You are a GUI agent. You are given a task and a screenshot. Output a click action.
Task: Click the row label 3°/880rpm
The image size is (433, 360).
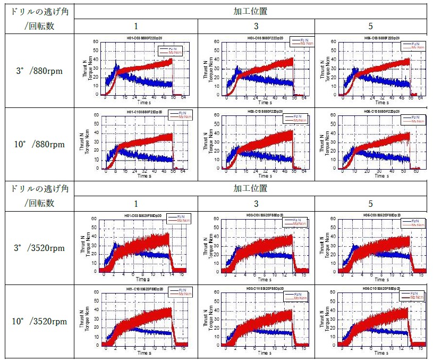pos(37,71)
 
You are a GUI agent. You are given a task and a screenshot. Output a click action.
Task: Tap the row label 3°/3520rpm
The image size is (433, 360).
pos(37,248)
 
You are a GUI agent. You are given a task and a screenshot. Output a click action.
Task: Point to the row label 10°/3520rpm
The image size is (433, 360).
pos(37,321)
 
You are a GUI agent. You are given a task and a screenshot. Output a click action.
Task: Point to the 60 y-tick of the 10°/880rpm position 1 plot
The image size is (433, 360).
pos(96,115)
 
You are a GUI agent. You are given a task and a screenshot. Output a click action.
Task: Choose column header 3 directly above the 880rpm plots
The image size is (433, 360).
pos(256,26)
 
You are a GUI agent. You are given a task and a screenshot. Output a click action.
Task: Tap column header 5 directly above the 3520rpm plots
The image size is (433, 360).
pos(373,203)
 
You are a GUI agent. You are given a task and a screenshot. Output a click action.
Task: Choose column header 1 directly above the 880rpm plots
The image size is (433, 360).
pos(135,26)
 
